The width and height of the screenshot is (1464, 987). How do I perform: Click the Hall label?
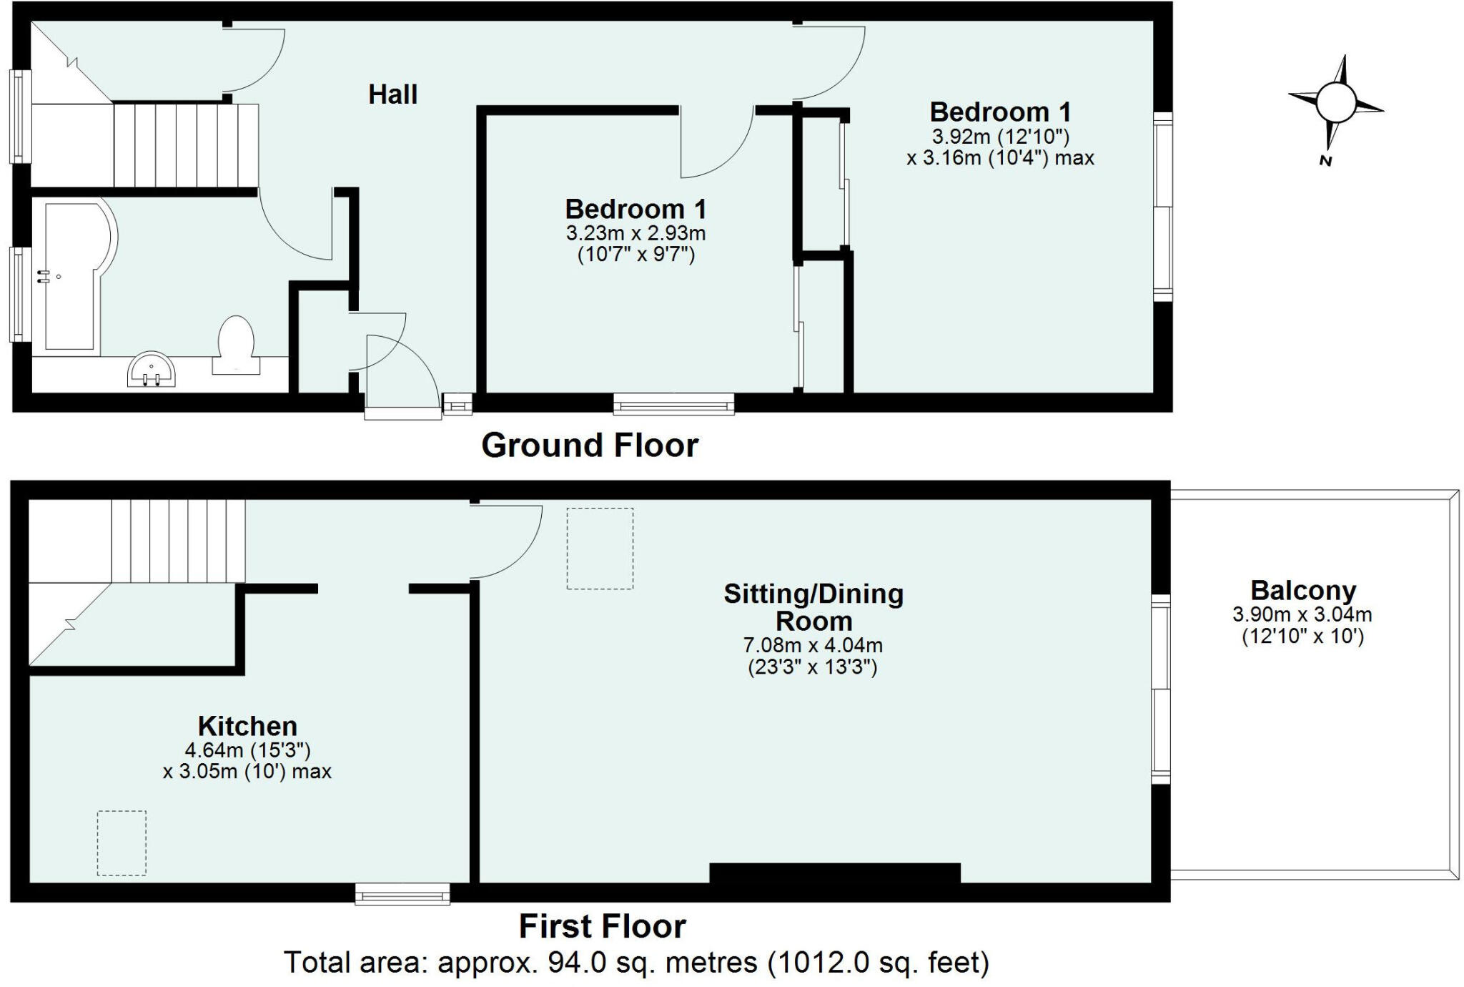392,94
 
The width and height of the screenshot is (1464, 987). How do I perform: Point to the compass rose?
1335,103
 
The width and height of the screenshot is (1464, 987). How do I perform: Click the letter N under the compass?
1325,161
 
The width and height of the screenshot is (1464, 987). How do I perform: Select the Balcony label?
1302,591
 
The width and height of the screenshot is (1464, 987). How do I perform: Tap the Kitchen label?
247,726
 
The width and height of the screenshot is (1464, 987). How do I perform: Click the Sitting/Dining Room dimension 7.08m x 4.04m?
813,645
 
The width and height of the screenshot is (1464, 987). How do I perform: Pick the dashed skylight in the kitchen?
122,843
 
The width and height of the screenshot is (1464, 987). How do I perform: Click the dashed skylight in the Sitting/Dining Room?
600,548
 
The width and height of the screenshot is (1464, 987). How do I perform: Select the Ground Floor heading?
589,445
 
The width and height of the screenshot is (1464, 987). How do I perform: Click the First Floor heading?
602,926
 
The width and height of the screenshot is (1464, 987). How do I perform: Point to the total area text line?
636,963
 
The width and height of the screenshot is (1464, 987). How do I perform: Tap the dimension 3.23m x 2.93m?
635,233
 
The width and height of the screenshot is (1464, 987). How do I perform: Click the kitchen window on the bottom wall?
403,893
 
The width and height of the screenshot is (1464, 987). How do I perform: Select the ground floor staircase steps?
185,144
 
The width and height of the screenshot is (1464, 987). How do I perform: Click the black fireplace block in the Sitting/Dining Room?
834,873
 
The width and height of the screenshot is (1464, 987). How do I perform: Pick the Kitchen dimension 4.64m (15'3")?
247,750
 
